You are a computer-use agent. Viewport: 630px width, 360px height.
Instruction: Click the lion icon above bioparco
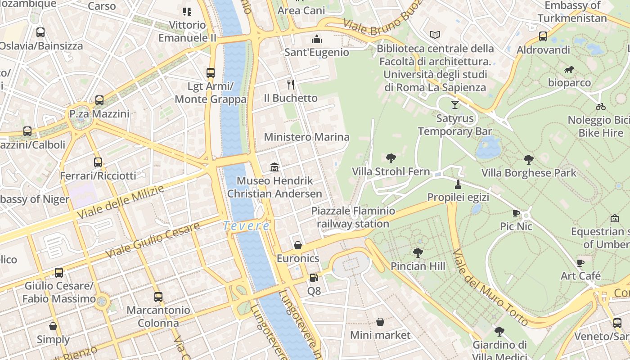click(x=569, y=70)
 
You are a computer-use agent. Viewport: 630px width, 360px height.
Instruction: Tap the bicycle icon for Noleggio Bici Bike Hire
click(x=600, y=107)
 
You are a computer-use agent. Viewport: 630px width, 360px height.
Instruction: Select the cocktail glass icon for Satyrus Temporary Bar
click(x=455, y=105)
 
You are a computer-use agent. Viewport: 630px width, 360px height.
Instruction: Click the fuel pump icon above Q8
click(x=314, y=278)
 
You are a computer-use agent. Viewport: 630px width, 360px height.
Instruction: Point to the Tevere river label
click(x=247, y=226)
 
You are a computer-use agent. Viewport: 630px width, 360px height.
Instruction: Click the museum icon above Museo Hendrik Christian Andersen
click(x=274, y=167)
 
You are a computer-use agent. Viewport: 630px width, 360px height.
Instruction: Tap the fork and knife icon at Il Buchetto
click(x=291, y=84)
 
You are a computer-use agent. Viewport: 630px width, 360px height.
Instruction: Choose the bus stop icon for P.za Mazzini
click(x=99, y=100)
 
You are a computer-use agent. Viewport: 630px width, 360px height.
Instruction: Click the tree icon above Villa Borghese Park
click(x=529, y=159)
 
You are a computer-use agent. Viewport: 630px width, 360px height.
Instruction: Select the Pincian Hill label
click(x=418, y=266)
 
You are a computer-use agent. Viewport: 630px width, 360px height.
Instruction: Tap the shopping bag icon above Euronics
click(x=298, y=245)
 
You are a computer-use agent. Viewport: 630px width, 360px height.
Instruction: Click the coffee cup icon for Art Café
click(x=580, y=263)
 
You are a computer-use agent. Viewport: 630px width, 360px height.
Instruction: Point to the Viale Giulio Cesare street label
click(x=153, y=240)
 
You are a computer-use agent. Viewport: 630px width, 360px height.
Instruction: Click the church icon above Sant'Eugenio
click(x=317, y=39)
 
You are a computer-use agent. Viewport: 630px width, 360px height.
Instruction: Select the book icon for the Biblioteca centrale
click(x=435, y=35)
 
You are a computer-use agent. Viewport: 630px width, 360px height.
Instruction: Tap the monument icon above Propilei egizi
click(x=458, y=184)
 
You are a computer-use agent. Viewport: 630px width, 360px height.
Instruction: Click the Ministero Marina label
click(x=306, y=137)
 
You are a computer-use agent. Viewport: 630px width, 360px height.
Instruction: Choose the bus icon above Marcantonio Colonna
click(x=158, y=297)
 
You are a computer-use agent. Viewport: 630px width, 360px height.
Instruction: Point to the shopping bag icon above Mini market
click(x=380, y=322)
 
